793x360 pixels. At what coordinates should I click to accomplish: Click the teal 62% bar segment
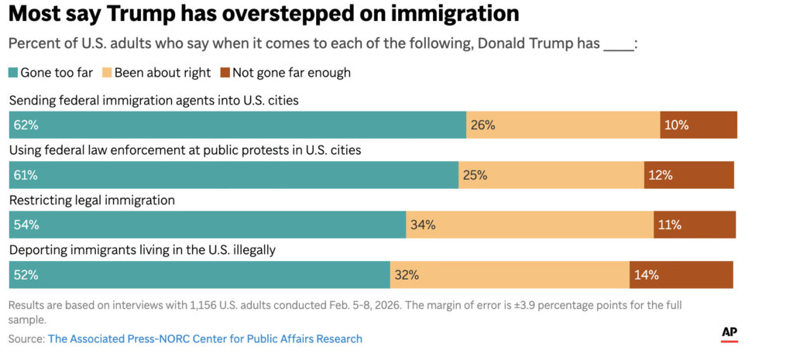point(237,125)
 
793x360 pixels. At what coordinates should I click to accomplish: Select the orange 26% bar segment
point(563,125)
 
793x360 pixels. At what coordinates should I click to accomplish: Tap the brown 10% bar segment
point(698,125)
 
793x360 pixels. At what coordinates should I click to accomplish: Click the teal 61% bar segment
point(233,175)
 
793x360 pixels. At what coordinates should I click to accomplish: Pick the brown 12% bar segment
point(688,175)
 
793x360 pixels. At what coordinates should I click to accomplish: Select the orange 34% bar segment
point(530,225)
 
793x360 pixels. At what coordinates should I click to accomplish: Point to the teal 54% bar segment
point(207,225)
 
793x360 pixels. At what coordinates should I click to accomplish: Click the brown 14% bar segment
point(681,275)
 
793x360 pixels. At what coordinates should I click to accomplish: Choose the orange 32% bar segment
point(510,275)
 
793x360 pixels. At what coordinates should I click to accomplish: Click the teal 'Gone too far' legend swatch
point(13,73)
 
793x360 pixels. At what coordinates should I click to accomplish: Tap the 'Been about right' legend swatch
point(108,73)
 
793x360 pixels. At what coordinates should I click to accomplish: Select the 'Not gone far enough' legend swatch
point(226,73)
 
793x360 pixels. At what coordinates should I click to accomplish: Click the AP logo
point(729,331)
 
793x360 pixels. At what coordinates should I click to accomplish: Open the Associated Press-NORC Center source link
point(204,339)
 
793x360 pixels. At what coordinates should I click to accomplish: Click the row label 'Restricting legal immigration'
point(91,200)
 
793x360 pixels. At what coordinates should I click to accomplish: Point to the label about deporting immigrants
point(142,250)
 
